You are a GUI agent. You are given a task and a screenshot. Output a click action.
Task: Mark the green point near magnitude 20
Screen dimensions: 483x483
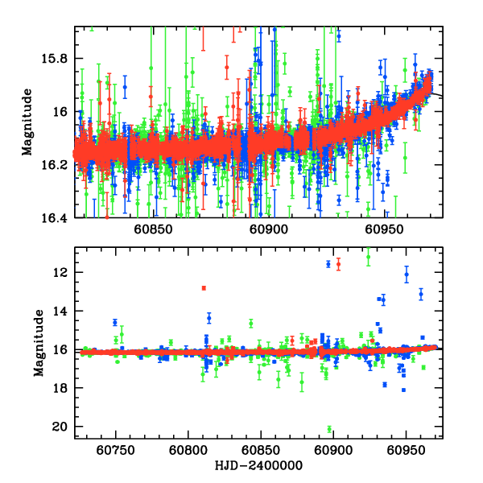329,429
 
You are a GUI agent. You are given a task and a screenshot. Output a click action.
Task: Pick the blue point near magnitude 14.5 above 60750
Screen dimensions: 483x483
115,322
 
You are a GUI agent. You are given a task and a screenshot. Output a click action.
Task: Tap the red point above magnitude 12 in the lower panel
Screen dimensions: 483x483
338,263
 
